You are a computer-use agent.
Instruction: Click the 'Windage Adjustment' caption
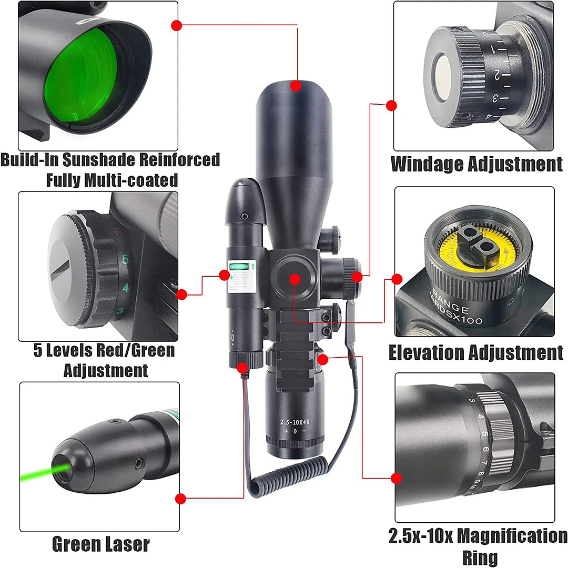[476, 165]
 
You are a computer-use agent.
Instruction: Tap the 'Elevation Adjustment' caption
[475, 352]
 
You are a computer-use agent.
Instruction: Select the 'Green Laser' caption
[100, 544]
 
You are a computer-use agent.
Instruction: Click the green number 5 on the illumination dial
[125, 259]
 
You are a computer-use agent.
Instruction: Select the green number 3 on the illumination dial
[120, 311]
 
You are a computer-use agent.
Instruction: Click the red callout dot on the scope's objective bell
[296, 85]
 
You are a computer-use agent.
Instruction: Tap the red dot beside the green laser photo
[180, 499]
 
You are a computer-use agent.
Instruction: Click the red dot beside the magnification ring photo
[396, 478]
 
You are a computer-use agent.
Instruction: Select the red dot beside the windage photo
[391, 106]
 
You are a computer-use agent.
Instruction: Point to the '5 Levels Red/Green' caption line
[104, 350]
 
